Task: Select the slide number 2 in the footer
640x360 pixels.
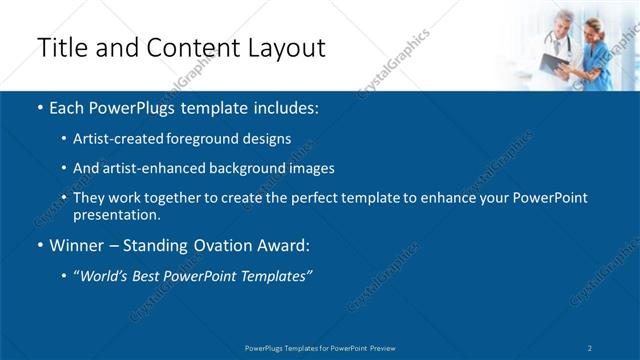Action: [590, 347]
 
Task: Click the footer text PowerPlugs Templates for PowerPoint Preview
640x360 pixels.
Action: [320, 347]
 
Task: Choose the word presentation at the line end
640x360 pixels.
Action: [116, 214]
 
